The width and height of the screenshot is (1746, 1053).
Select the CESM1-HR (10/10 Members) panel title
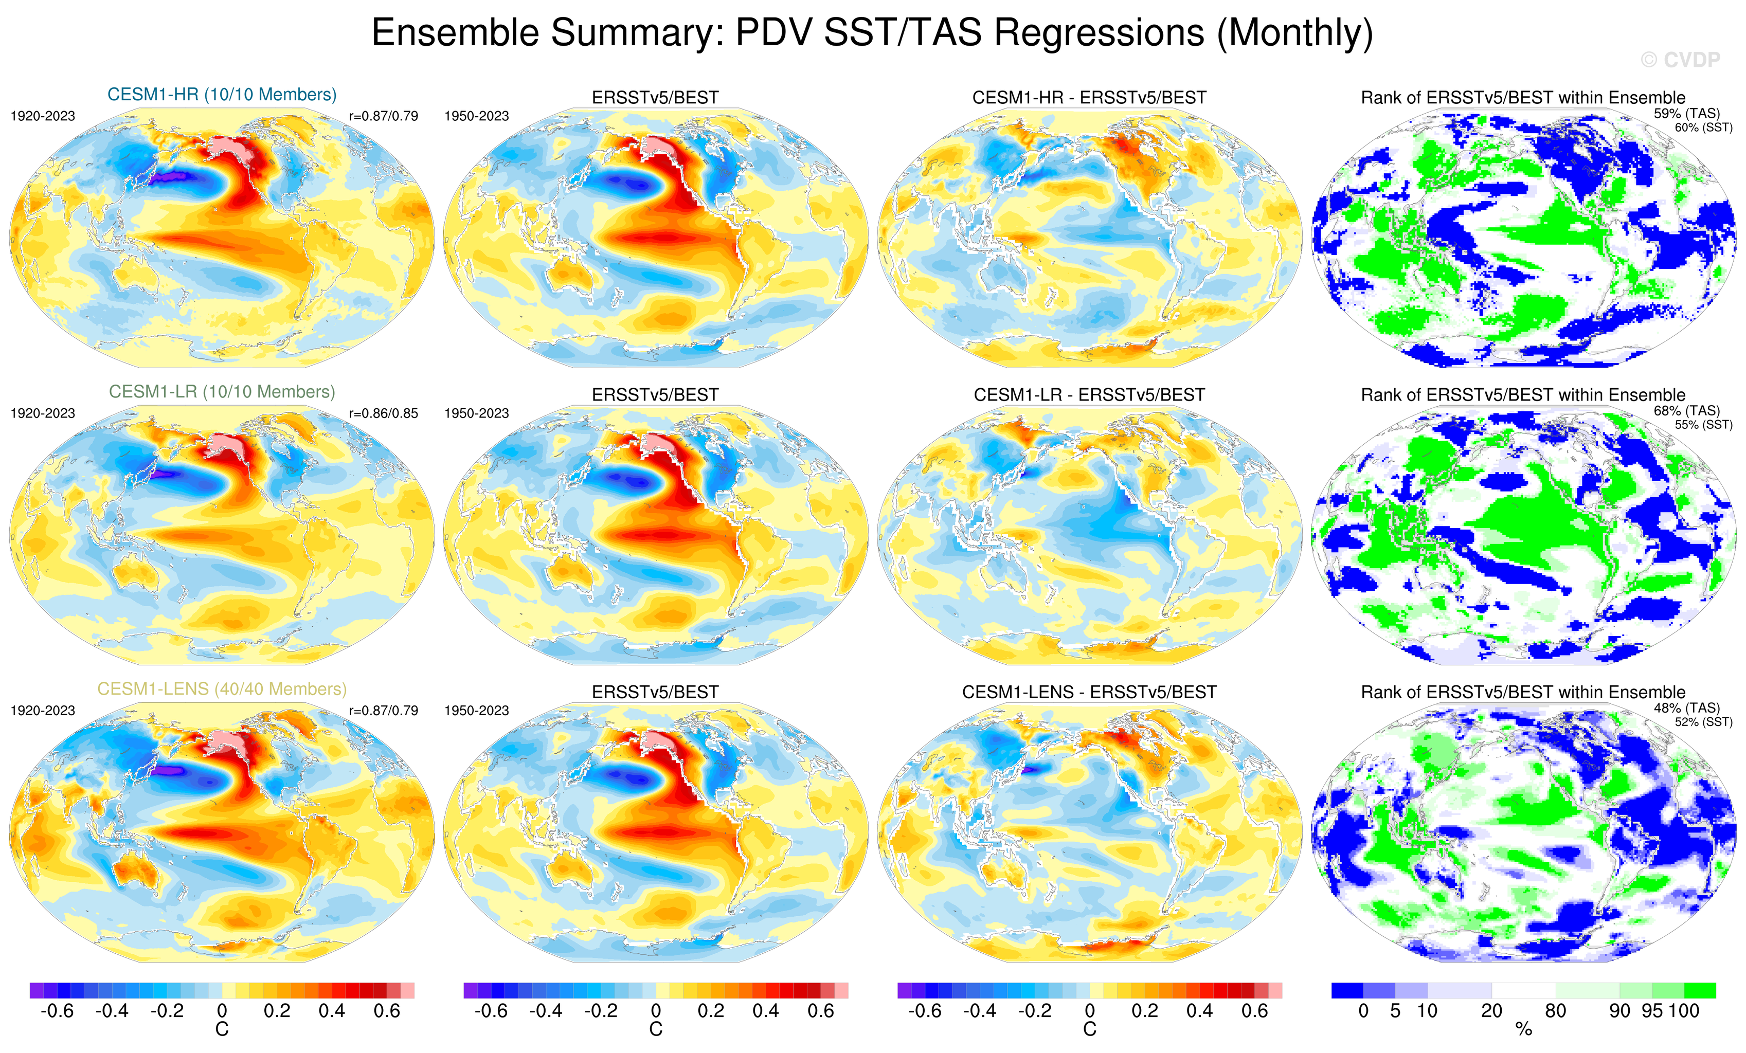point(222,94)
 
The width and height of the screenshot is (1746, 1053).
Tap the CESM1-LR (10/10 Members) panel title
point(222,392)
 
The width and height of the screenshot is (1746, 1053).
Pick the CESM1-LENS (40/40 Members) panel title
point(222,689)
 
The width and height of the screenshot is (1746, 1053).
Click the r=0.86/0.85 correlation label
point(383,413)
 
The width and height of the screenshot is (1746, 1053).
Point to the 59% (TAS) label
point(1686,114)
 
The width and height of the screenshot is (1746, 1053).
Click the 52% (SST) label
point(1703,722)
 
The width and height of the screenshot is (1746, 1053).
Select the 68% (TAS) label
point(1686,410)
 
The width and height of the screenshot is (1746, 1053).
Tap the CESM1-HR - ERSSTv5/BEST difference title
point(1089,98)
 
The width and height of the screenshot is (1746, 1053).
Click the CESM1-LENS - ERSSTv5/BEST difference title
point(1089,692)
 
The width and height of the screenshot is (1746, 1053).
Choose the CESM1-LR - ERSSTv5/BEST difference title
point(1089,395)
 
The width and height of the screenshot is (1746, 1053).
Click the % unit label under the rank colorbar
point(1523,1030)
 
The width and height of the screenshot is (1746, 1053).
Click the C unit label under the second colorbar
point(656,1030)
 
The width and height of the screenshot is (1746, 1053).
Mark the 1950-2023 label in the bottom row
point(476,711)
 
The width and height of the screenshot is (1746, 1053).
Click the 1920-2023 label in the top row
point(43,116)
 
